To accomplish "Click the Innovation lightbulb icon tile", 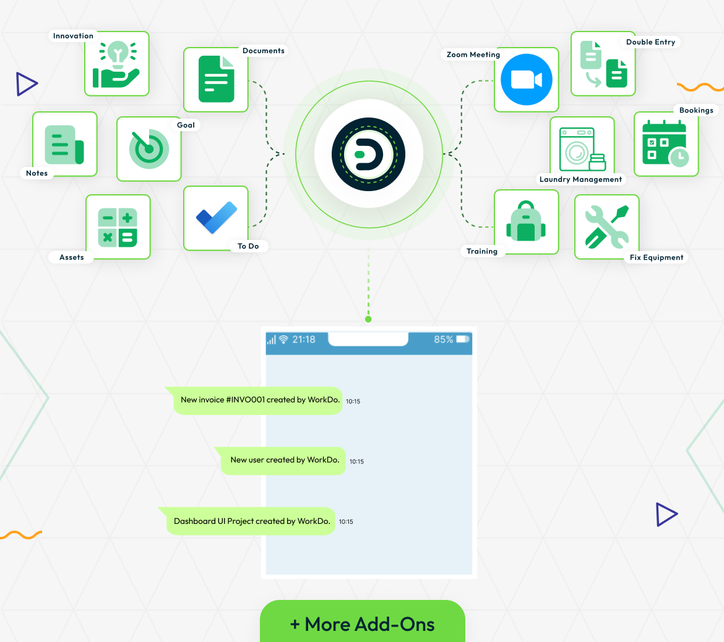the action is click(x=117, y=64).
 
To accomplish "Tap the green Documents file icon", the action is click(x=216, y=79).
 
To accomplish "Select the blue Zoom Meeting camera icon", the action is click(x=527, y=79).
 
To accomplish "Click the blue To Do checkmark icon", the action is click(x=217, y=217).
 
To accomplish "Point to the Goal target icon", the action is click(x=149, y=148).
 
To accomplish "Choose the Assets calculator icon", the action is click(x=118, y=227).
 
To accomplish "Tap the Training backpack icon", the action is click(x=526, y=221).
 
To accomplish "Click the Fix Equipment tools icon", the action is click(x=606, y=226).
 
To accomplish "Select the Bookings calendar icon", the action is click(x=665, y=143).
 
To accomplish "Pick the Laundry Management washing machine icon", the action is click(x=582, y=149).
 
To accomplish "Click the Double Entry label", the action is click(x=650, y=42).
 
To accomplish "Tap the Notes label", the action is click(x=37, y=173).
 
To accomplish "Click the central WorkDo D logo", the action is click(x=368, y=154).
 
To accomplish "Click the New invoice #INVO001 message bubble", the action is click(x=257, y=400).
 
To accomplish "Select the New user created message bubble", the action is click(x=283, y=460).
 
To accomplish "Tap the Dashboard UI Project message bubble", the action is click(x=250, y=521).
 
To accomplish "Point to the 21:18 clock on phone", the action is click(x=304, y=340).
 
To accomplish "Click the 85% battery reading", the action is click(x=443, y=340).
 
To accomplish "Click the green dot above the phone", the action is click(x=368, y=319).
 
